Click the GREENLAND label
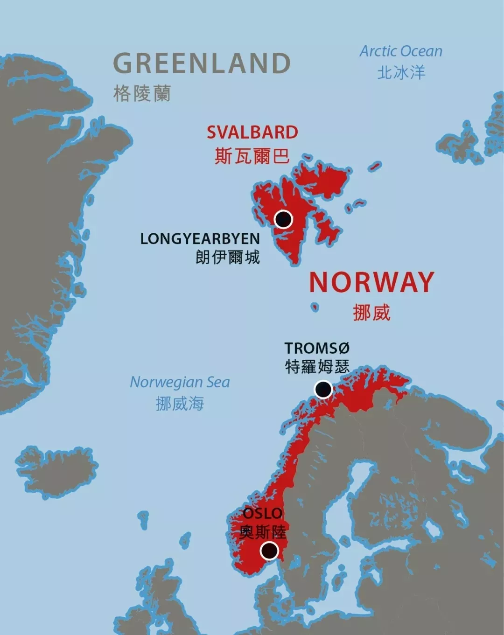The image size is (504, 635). point(202,63)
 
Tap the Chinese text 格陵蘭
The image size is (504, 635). point(142,93)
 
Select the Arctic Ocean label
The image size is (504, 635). point(401,51)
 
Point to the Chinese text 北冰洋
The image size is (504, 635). point(401,73)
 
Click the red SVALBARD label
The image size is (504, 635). point(252,133)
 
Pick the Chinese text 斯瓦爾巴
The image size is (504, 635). point(252,156)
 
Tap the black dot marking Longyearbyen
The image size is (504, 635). point(283,219)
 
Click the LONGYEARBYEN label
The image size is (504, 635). point(200,239)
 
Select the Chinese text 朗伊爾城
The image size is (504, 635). point(228,257)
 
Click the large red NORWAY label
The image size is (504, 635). point(372,282)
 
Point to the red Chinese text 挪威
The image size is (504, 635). point(371,313)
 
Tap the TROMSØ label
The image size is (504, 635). point(317,348)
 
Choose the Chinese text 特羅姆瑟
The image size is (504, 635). point(317,367)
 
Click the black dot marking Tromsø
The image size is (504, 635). point(323,389)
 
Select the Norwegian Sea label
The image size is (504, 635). point(180,382)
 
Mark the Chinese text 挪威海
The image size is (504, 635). point(180,404)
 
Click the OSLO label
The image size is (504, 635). point(263,514)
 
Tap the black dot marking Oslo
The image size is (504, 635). point(269,551)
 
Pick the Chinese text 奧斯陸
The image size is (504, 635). point(263,532)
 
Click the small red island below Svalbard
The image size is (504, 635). point(315,307)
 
